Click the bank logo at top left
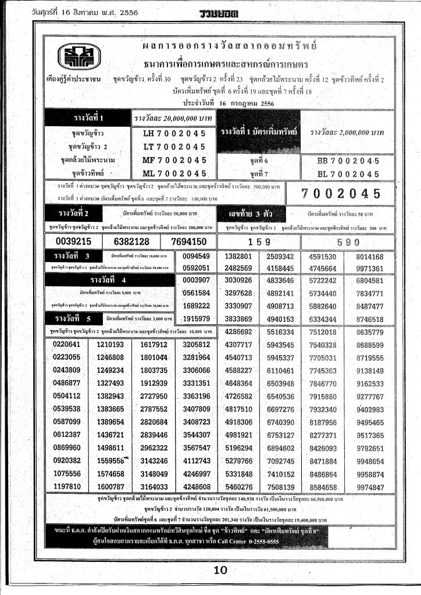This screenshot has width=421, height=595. click(x=78, y=56)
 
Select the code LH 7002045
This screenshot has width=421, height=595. click(x=174, y=133)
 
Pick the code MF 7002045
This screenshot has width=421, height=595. click(x=174, y=160)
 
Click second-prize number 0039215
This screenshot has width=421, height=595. click(x=74, y=242)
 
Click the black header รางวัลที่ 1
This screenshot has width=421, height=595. click(x=88, y=118)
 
